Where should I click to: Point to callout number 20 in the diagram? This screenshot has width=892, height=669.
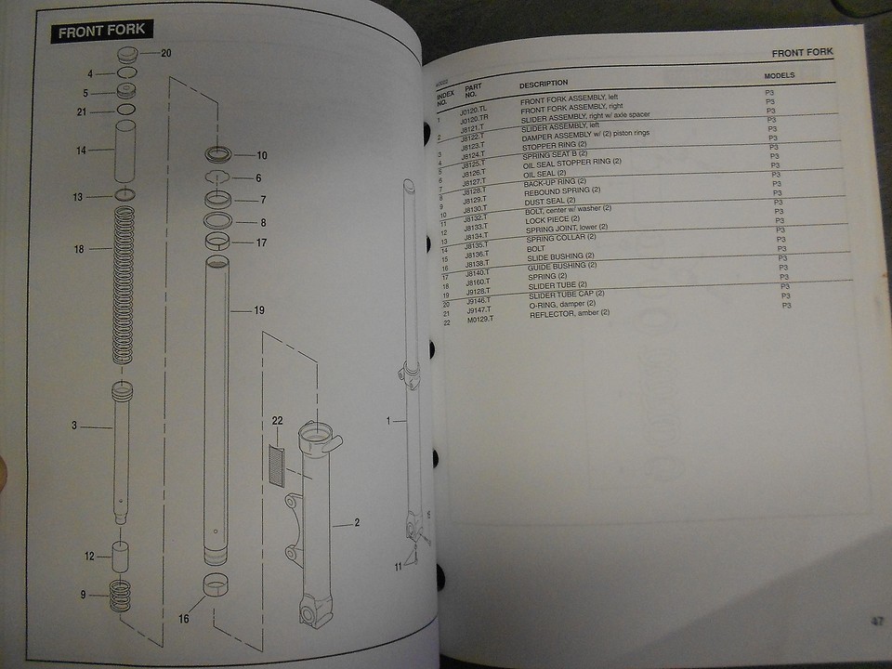point(166,53)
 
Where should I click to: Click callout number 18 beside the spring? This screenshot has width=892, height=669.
point(79,249)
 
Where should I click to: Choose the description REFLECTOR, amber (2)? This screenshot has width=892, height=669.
point(569,313)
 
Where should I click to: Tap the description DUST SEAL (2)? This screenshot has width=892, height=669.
point(549,200)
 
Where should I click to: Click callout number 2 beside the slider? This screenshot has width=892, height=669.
point(358,523)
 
